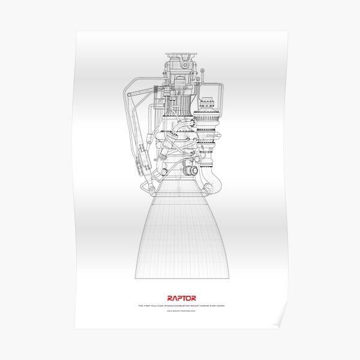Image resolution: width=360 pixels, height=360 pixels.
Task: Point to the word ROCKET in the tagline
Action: click(x=193, y=305)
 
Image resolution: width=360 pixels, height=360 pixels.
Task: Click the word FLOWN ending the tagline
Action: click(x=217, y=305)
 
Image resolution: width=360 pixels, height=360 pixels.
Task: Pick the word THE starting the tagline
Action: click(x=140, y=305)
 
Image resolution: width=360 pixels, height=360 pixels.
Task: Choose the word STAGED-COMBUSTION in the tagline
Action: click(x=173, y=305)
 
